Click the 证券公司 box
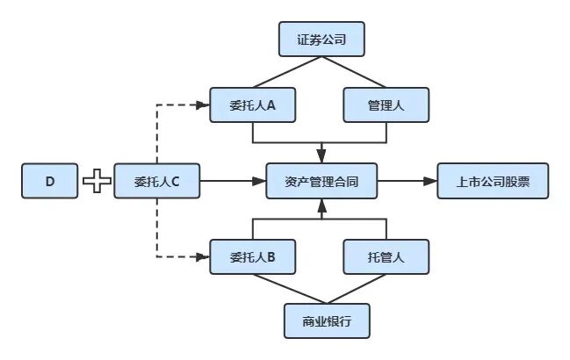click(321, 40)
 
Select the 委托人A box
click(253, 104)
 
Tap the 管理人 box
click(386, 104)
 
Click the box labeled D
click(50, 182)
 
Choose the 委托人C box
click(157, 182)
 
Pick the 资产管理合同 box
click(321, 182)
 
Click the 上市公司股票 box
click(492, 182)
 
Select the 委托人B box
click(253, 257)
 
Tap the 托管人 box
click(386, 257)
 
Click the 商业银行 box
click(327, 320)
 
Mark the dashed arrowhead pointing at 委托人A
click(204, 104)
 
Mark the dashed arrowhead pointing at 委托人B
click(204, 257)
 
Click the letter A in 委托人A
click(273, 104)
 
